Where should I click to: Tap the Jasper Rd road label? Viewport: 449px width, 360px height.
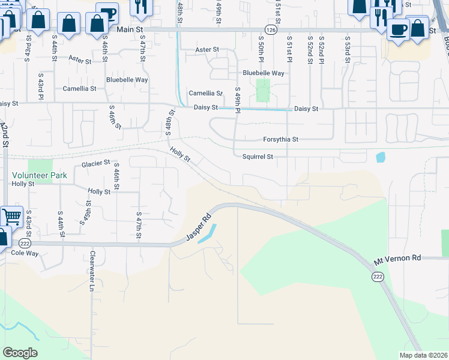(199, 229)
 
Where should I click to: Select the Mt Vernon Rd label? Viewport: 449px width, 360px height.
(397, 257)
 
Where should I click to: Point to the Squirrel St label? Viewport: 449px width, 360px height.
(258, 157)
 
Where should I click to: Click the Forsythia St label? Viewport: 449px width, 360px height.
(280, 139)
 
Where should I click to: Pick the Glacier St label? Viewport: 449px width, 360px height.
(96, 163)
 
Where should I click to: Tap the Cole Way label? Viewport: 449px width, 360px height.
(25, 253)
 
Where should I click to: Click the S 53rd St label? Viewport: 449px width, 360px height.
(347, 46)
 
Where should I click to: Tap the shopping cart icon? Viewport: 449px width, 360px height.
(11, 216)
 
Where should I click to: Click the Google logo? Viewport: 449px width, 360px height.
(20, 353)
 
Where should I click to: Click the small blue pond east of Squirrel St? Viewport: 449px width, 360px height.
(380, 158)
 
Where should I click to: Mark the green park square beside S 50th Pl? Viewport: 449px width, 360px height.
(262, 91)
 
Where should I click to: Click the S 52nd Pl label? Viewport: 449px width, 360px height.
(322, 46)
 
